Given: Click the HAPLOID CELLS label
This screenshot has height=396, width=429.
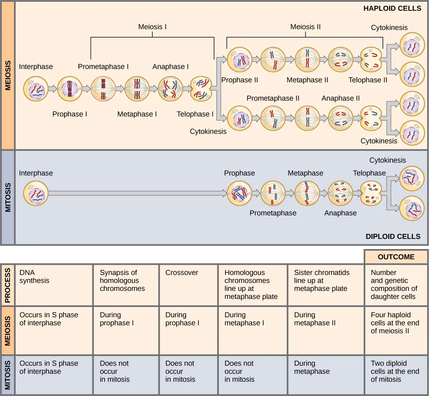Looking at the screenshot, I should point(392,8).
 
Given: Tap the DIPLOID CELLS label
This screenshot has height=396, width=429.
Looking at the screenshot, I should point(393,236).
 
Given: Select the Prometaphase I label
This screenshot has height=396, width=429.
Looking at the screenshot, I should point(103,66).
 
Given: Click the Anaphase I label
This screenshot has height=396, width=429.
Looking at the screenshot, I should point(170,66).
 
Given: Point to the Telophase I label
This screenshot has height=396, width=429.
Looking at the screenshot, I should point(195,114).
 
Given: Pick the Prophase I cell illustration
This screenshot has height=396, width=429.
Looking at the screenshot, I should point(69,89).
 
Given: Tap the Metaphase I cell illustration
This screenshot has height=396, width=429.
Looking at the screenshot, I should point(137,89).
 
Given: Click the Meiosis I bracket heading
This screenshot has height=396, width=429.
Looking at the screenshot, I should point(152,27).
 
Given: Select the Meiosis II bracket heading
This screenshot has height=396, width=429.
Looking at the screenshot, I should point(305,27).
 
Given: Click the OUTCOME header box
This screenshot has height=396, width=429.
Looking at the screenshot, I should point(396,257).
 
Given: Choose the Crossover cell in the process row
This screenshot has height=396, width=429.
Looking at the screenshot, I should point(188,284).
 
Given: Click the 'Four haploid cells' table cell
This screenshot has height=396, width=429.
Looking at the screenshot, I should point(396,330).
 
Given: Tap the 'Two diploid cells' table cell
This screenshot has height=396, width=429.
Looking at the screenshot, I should point(396,375).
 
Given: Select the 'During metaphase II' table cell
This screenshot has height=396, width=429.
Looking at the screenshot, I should point(325,330).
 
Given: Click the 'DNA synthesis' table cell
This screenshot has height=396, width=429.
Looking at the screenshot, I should point(54,284).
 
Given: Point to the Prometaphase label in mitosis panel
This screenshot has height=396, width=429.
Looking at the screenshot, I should point(273,213).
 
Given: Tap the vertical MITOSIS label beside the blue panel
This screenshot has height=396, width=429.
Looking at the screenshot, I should point(8,198).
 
